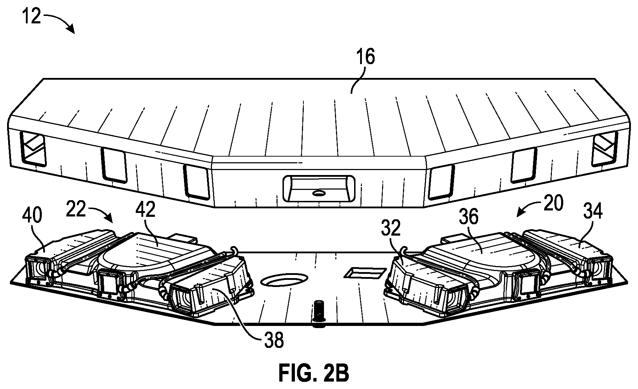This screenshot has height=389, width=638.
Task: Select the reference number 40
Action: (x=33, y=215)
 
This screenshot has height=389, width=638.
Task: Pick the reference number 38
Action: (x=274, y=341)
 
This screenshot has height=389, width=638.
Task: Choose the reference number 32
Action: (x=392, y=229)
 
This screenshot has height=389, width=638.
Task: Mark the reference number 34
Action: (x=593, y=212)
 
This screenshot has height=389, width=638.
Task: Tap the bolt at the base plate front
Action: (x=317, y=311)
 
